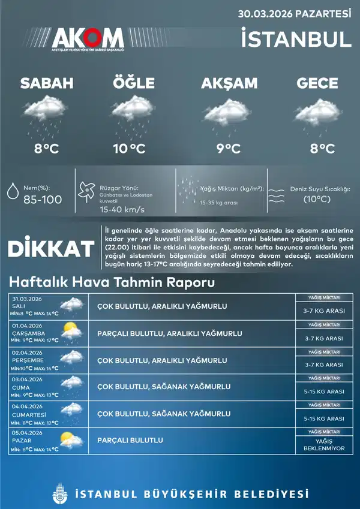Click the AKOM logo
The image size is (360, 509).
coord(88,40)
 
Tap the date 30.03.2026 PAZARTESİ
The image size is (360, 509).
coord(294,13)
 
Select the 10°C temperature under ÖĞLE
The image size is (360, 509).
coord(129,148)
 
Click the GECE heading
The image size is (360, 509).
coord(317,83)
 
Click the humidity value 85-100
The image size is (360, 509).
coord(42,200)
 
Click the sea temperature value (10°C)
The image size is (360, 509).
coord(317,199)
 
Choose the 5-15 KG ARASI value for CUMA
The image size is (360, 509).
coord(323,391)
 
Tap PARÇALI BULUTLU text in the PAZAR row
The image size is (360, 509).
coord(130,441)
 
